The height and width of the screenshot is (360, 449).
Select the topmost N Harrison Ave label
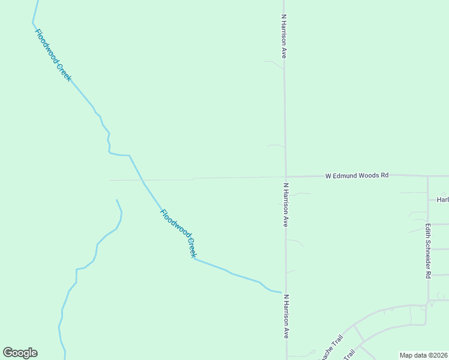pos(283,36)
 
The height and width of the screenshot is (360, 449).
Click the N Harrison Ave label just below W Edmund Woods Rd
pos(286,205)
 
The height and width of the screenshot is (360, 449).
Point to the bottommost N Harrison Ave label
pos(286,316)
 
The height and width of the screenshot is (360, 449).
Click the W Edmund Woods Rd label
pos(357,176)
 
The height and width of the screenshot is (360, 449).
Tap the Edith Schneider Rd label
pos(428,251)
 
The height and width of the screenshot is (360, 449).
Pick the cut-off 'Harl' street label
pos(442,200)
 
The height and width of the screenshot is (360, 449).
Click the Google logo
pos(20,353)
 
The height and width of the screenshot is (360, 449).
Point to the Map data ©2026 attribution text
pos(423,355)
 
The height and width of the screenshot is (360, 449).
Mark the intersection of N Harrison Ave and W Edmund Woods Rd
pos(285,176)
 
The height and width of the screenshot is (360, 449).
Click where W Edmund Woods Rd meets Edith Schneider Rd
pos(428,176)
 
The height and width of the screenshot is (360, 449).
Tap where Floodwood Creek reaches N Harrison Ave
pos(282,293)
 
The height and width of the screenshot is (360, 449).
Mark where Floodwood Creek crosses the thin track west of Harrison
pos(143,179)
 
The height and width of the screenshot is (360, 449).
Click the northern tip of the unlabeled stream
pos(116,200)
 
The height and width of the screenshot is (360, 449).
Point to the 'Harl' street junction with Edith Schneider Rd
pos(428,200)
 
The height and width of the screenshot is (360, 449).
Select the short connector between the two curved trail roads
pos(358,334)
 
